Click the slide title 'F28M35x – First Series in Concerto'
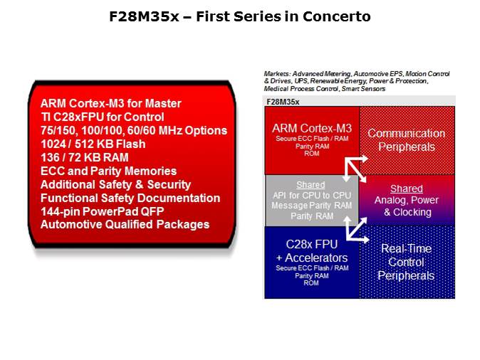[x=240, y=16]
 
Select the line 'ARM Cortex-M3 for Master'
[x=111, y=103]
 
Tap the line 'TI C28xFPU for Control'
[x=103, y=117]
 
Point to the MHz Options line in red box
[x=134, y=130]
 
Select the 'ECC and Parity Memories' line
[x=109, y=171]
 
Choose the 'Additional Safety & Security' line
[x=116, y=184]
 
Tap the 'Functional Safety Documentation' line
[x=130, y=198]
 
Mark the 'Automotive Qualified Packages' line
[x=125, y=225]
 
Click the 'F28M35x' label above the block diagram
[x=283, y=102]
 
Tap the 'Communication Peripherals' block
[x=406, y=139]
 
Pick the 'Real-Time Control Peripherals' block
[x=406, y=261]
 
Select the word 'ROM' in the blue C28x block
[x=311, y=282]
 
